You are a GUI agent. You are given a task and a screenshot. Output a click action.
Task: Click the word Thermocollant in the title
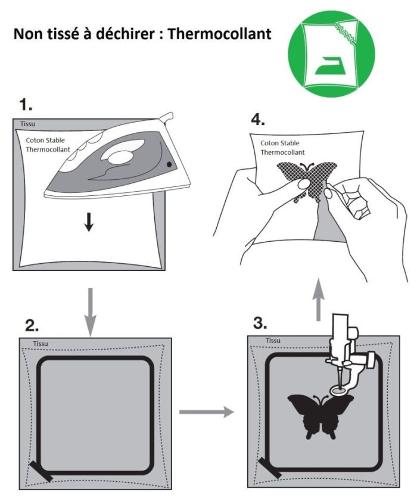pyautogui.click(x=220, y=33)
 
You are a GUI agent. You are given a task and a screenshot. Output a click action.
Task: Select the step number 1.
pyautogui.click(x=26, y=106)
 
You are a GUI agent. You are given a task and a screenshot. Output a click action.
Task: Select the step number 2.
pyautogui.click(x=33, y=325)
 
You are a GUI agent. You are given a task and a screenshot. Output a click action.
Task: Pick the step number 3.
pyautogui.click(x=259, y=324)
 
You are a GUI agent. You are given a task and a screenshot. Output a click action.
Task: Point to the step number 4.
pyautogui.click(x=258, y=120)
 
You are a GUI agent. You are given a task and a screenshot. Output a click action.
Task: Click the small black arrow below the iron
pyautogui.click(x=89, y=222)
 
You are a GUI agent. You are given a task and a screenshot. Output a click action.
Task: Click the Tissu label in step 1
pyautogui.click(x=27, y=124)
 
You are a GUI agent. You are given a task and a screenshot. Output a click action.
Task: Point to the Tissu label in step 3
pyautogui.click(x=273, y=340)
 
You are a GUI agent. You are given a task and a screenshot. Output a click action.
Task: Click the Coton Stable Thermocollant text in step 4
pyautogui.click(x=280, y=148)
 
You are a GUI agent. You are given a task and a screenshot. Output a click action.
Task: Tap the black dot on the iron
pyautogui.click(x=170, y=163)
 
